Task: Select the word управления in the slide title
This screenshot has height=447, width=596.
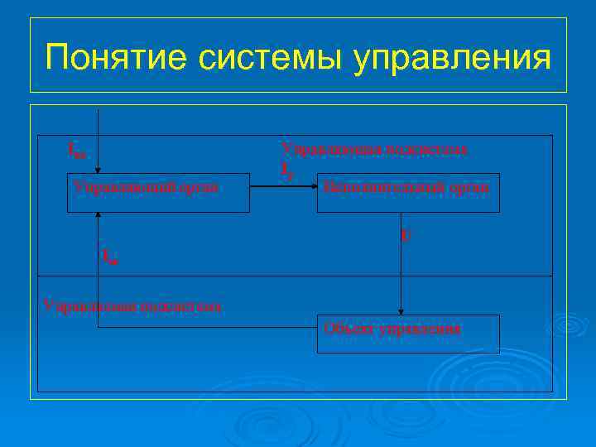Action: coord(451,59)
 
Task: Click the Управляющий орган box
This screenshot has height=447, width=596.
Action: coord(157,192)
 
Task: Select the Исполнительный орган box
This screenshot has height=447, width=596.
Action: coord(408,192)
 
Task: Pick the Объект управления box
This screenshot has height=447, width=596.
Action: coord(408,334)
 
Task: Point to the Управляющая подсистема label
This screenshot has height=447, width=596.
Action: coord(374,149)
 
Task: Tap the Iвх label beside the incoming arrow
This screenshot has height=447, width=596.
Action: coord(75,151)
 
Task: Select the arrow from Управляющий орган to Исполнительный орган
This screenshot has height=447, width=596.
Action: coord(281,188)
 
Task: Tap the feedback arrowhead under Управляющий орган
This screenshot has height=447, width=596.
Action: coord(99,217)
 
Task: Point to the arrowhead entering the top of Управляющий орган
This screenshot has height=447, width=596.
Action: coord(99,169)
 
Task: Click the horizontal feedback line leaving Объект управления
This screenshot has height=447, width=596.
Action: coord(207,327)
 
